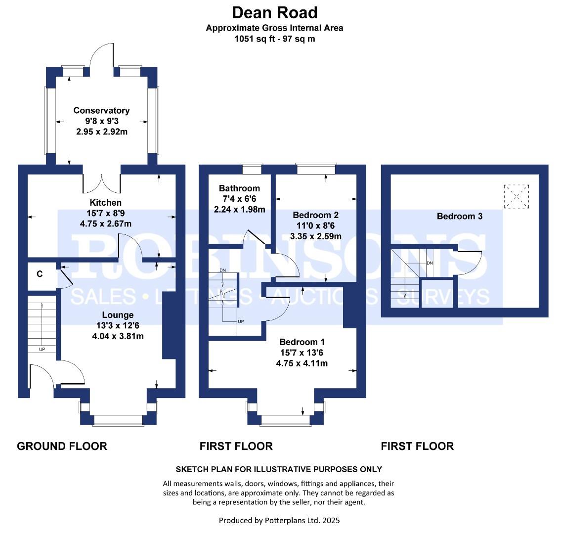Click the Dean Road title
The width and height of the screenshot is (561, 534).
click(x=275, y=12)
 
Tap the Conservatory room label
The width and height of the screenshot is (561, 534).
click(x=101, y=111)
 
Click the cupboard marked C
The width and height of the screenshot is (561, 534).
click(x=39, y=272)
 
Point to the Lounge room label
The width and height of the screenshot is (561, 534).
click(x=118, y=315)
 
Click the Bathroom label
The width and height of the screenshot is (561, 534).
click(x=239, y=188)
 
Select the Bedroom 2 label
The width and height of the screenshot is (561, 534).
click(x=315, y=215)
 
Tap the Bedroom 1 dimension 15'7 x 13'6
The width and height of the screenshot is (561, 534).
click(x=302, y=353)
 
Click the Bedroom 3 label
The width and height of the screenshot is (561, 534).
click(x=460, y=216)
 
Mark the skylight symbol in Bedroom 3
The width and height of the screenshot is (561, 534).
click(x=516, y=197)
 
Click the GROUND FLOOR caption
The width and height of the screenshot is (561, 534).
click(x=62, y=446)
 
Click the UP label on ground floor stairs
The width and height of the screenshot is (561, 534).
click(x=42, y=350)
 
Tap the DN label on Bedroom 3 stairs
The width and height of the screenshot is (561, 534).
click(x=430, y=263)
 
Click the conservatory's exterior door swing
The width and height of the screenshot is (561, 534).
click(x=102, y=56)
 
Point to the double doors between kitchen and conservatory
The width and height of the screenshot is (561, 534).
click(x=101, y=182)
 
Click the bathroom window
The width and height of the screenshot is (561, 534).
click(x=253, y=169)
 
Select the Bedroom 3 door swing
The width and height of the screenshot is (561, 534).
click(x=470, y=262)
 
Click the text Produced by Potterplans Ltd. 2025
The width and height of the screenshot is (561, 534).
click(x=279, y=520)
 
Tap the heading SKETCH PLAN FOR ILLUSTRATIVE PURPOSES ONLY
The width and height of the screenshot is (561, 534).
click(x=279, y=469)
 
